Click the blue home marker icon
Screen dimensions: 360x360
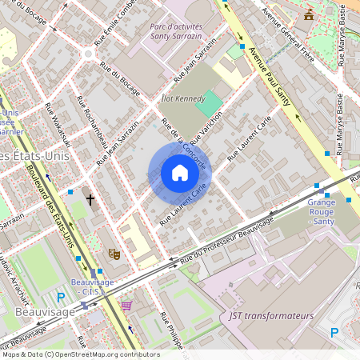click(179, 173)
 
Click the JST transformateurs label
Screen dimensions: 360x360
click(271, 316)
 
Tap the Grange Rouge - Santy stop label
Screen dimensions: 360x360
click(321, 212)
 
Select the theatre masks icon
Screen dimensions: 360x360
click(114, 253)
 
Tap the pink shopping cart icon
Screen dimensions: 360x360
click(126, 305)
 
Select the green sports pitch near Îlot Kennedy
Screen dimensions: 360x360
click(210, 104)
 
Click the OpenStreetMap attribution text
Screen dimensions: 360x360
click(70, 354)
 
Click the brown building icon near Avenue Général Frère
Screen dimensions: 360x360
click(309, 14)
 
